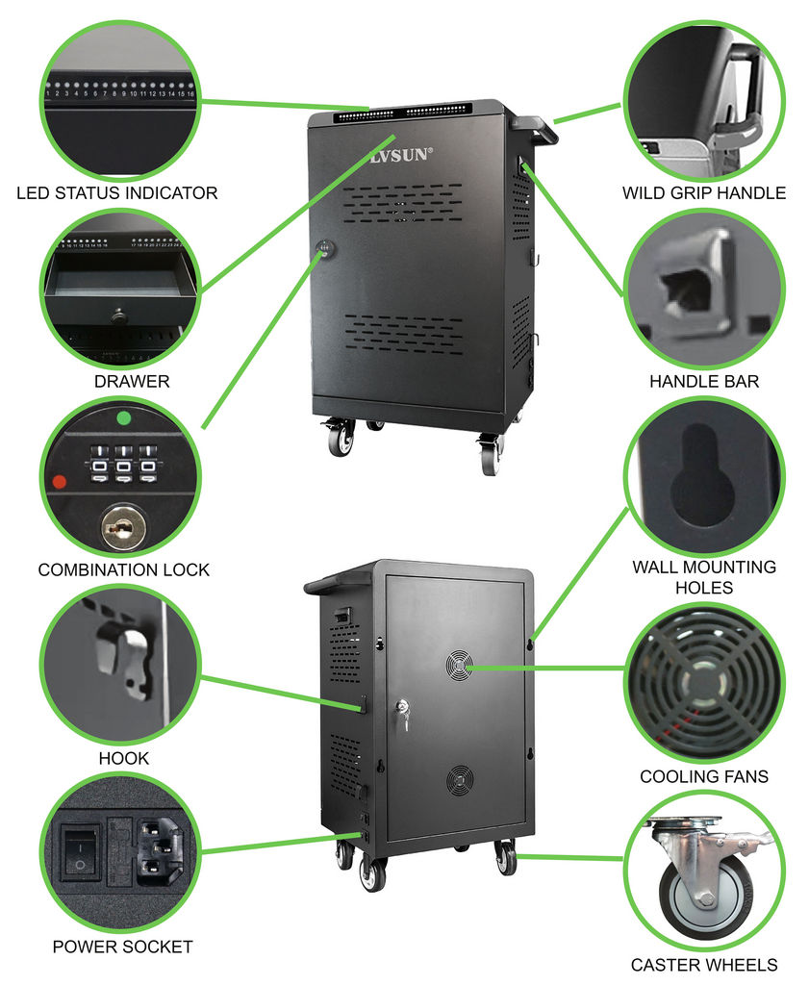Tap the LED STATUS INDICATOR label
click(x=117, y=193)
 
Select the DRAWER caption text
click(x=132, y=382)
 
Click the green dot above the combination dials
click(x=122, y=419)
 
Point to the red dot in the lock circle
click(x=61, y=481)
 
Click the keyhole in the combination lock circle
click(x=119, y=527)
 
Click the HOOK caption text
click(x=124, y=759)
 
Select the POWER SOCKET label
click(x=122, y=947)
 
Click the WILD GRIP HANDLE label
click(x=703, y=193)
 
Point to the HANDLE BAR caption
click(x=703, y=382)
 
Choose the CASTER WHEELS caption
click(x=704, y=965)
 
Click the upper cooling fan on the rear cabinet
click(x=460, y=664)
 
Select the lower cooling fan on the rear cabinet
click(x=460, y=780)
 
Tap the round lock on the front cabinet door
click(x=325, y=248)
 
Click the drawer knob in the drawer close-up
click(x=118, y=314)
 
